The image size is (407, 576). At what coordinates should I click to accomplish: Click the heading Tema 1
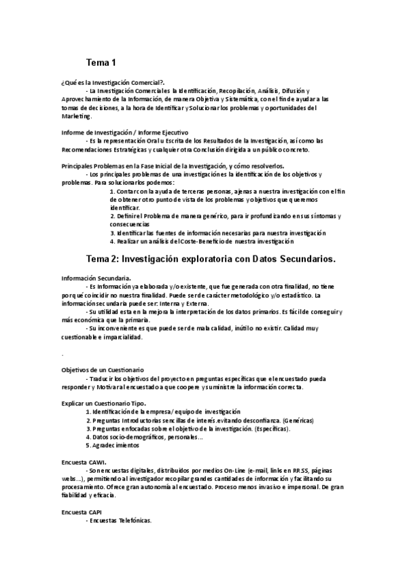tap(101, 63)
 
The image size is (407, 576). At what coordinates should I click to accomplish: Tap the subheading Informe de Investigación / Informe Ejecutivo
tap(125, 132)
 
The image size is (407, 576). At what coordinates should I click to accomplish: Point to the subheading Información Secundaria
tap(96, 278)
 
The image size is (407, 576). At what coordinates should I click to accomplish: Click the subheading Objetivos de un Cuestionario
tap(102, 370)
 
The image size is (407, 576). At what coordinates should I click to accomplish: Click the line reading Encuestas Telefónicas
tap(120, 520)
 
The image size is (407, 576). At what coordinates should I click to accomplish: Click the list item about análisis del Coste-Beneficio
tap(202, 241)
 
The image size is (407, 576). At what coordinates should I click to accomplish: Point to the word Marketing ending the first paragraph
tap(76, 115)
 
